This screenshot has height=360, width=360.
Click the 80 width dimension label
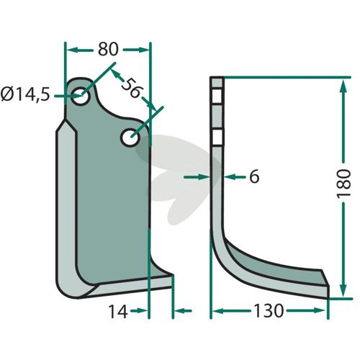coord(108,49)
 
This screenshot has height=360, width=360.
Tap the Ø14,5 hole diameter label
coord(25,94)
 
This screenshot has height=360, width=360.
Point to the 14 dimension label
coord(118,312)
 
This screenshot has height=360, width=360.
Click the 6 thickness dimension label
coord(254,176)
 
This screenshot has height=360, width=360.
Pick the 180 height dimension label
coord(344,184)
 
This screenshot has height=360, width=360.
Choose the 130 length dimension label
coord(269,311)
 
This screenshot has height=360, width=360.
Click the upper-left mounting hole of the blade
coord(81,96)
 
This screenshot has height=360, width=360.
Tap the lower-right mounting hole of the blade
coord(130,138)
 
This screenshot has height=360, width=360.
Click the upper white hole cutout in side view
coord(217,96)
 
